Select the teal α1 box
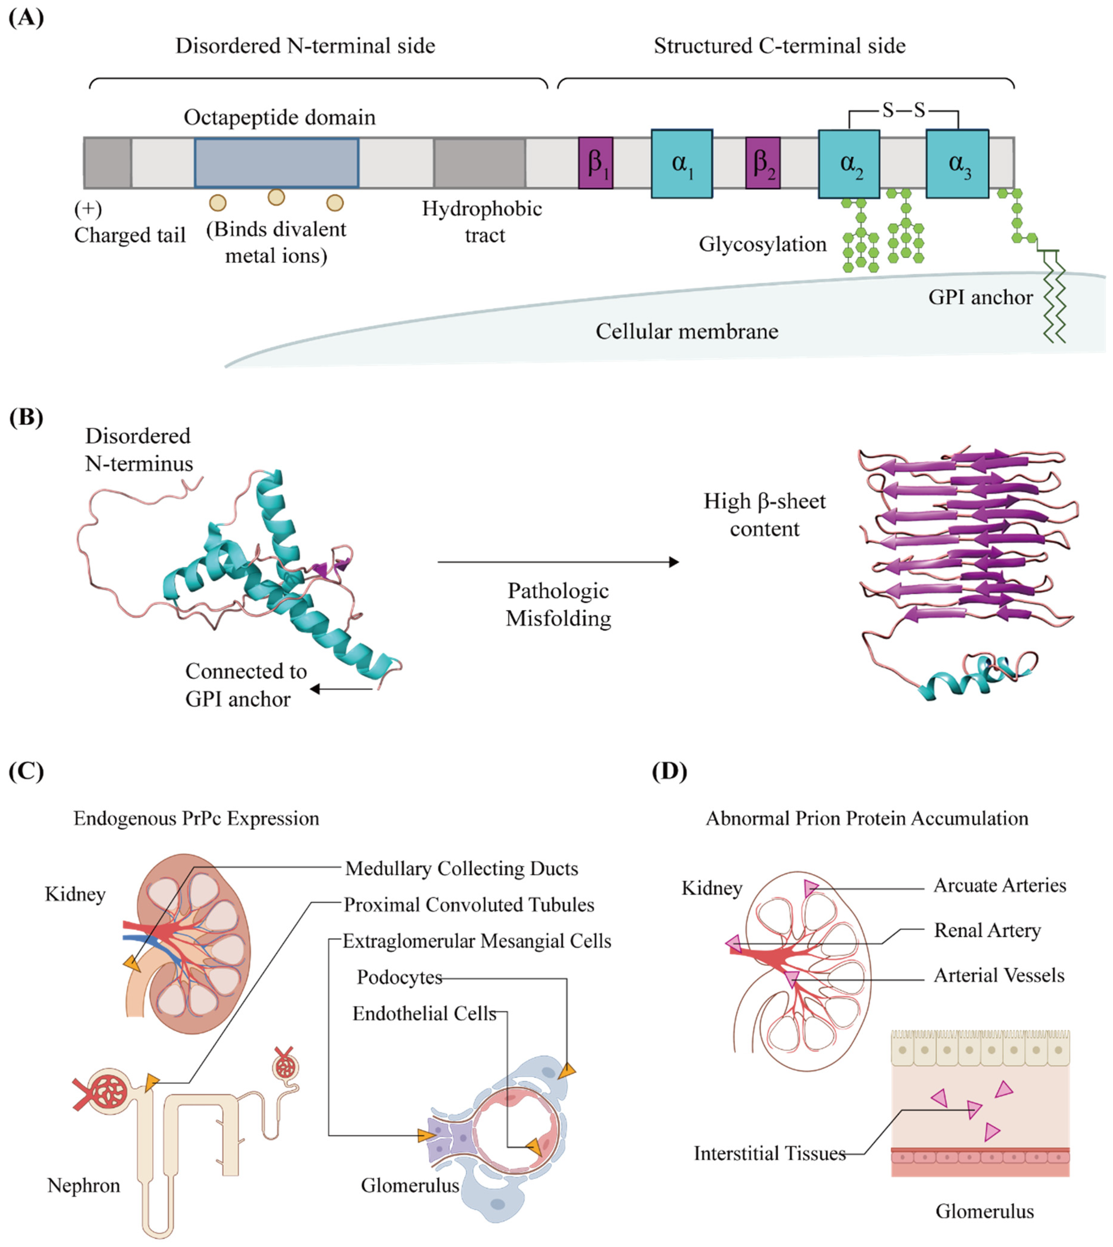pos(681,163)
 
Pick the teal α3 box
pos(957,163)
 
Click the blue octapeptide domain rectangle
pos(276,163)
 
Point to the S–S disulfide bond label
pos(903,110)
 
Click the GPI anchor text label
pos(980,297)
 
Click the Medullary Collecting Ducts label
pos(461,868)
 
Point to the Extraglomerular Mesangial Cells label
pos(476,941)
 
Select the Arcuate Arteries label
pos(999,885)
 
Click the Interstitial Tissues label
pos(769,1153)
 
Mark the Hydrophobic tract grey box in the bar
pos(479,163)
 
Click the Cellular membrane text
pos(687,331)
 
